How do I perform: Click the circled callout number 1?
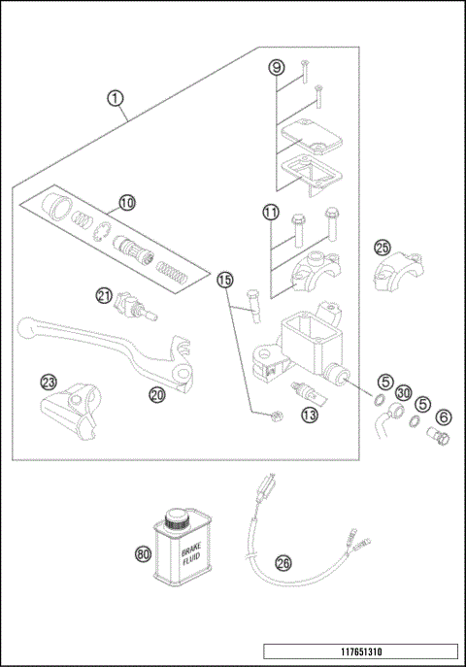(x=116, y=98)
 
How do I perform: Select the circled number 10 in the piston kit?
(x=127, y=203)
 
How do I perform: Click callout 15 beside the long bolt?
(x=225, y=280)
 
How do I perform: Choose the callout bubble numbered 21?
(x=105, y=295)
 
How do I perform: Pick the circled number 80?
(x=143, y=552)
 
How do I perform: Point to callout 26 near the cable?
(x=283, y=562)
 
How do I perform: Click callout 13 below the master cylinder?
(x=310, y=415)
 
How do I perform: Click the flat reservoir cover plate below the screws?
(x=305, y=135)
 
